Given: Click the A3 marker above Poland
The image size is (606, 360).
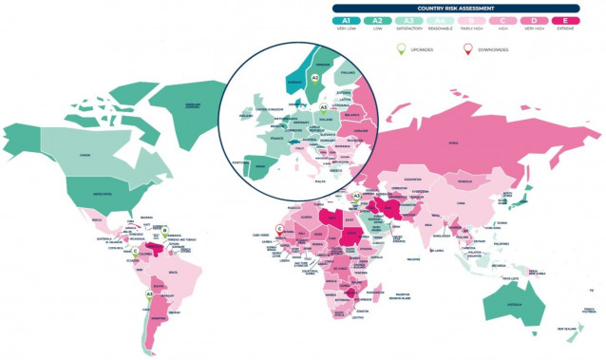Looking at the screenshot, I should click(324, 107).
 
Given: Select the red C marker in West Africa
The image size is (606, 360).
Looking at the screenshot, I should click(278, 227).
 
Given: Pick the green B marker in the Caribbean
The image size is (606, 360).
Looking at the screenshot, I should click(164, 230).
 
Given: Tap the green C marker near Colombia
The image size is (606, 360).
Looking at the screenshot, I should click(136, 251).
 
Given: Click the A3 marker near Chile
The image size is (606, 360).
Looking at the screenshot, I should click(149, 294).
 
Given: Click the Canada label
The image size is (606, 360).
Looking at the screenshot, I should click(85, 156).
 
